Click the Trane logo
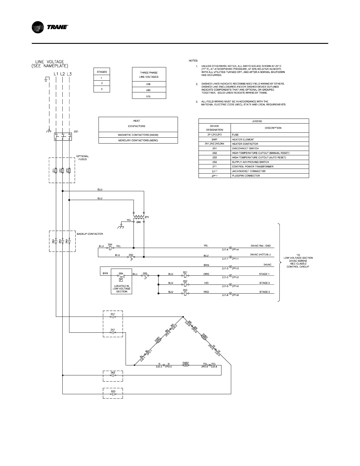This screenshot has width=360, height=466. coord(50,27)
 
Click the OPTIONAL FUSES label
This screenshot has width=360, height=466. coord(83,158)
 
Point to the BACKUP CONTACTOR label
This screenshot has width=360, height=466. coord(90,234)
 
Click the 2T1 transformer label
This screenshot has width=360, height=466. coord(147,217)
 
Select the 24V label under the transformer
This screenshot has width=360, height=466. coord(139,222)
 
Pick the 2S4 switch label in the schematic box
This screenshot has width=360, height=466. coord(121,273)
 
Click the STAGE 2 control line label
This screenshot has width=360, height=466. coord(264,283)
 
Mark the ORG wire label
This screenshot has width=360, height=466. coord(206,274)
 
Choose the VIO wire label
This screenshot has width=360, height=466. coord(206,283)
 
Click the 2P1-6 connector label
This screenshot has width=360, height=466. coord(235,295)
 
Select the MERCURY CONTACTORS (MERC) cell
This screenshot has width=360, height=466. coord(138,140)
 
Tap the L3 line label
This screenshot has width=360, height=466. coord(69,74)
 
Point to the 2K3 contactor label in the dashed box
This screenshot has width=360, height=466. coord(113,391)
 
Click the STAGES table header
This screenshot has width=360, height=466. coord(102,72)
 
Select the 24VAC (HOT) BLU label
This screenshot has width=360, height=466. coord(261,254)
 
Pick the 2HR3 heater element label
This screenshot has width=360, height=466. coord(205,336)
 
